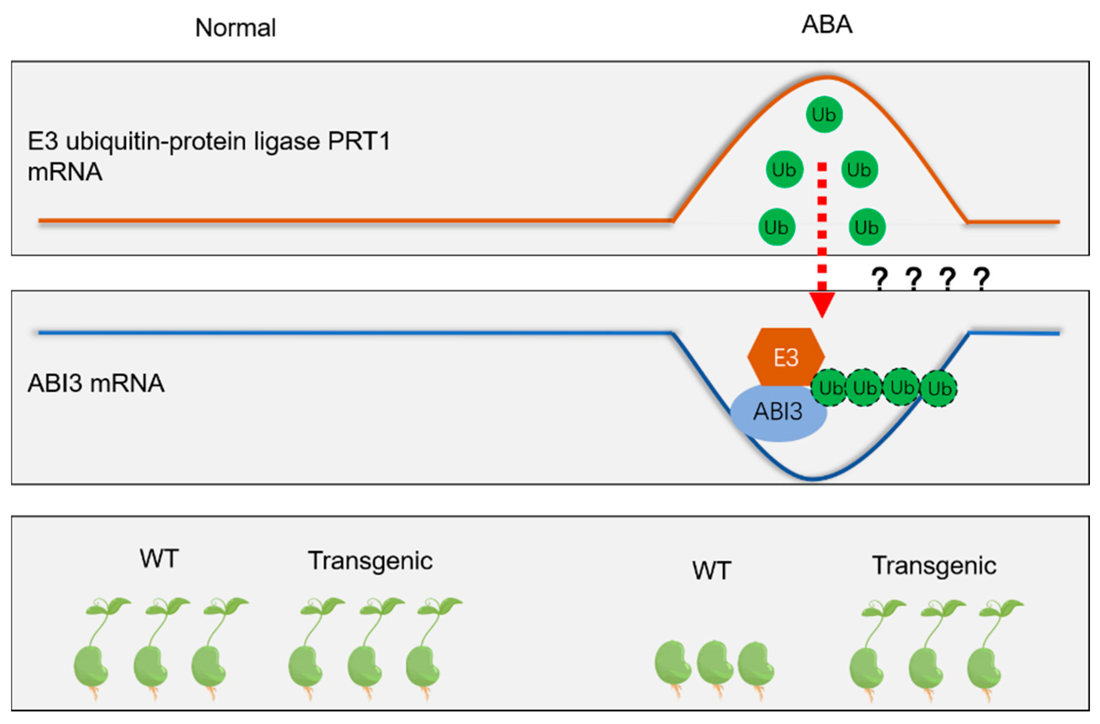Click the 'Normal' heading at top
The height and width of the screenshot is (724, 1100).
coord(235,28)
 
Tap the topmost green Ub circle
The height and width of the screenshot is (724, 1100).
coord(824,114)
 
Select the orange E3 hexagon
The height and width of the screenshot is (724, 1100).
coord(786,357)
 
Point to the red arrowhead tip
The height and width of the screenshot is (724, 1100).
coord(822,316)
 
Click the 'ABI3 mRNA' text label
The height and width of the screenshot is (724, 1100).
coord(96,383)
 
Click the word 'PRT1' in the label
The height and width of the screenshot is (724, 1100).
coord(359,141)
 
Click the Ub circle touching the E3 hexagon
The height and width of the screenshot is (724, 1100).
coord(830,388)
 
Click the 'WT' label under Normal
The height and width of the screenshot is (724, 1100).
coord(159,559)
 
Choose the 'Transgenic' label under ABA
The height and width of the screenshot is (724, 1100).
coord(934,566)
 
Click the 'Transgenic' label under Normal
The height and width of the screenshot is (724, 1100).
coord(370,561)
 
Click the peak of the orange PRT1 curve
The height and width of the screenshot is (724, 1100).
coord(827,77)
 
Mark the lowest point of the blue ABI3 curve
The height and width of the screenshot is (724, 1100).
coord(813,480)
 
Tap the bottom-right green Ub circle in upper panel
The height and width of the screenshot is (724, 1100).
coord(867,227)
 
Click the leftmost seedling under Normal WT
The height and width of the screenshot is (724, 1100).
coord(95,647)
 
